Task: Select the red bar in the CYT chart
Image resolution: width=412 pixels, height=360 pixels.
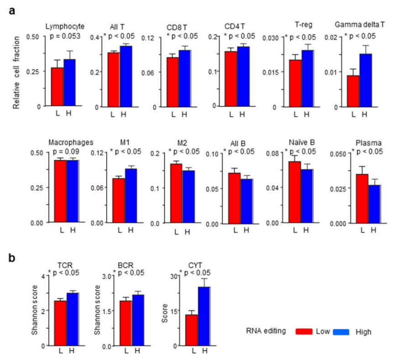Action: (x=192, y=330)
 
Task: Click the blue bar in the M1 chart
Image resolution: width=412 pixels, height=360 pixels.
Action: (x=131, y=196)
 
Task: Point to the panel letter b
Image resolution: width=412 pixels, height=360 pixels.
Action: (x=13, y=257)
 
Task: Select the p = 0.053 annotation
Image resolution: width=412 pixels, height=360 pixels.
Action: (x=64, y=35)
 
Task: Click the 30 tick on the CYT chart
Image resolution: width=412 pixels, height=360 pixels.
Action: (x=173, y=276)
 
